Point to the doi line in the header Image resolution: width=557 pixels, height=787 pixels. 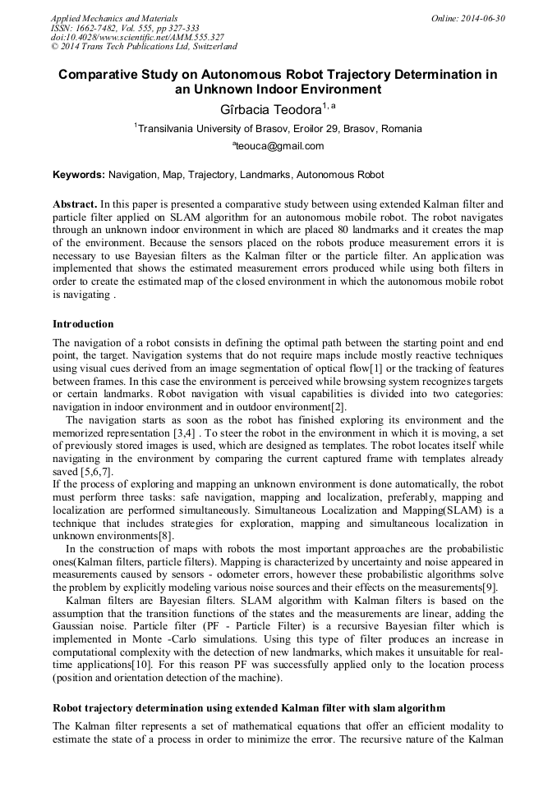[137, 38]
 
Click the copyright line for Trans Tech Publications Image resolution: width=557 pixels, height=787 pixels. [144, 48]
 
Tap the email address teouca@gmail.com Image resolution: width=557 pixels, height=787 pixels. [279, 147]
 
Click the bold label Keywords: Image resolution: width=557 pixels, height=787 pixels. [79, 175]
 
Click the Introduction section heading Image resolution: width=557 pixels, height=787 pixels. [83, 324]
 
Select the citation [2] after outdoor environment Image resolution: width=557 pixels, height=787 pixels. [338, 406]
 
